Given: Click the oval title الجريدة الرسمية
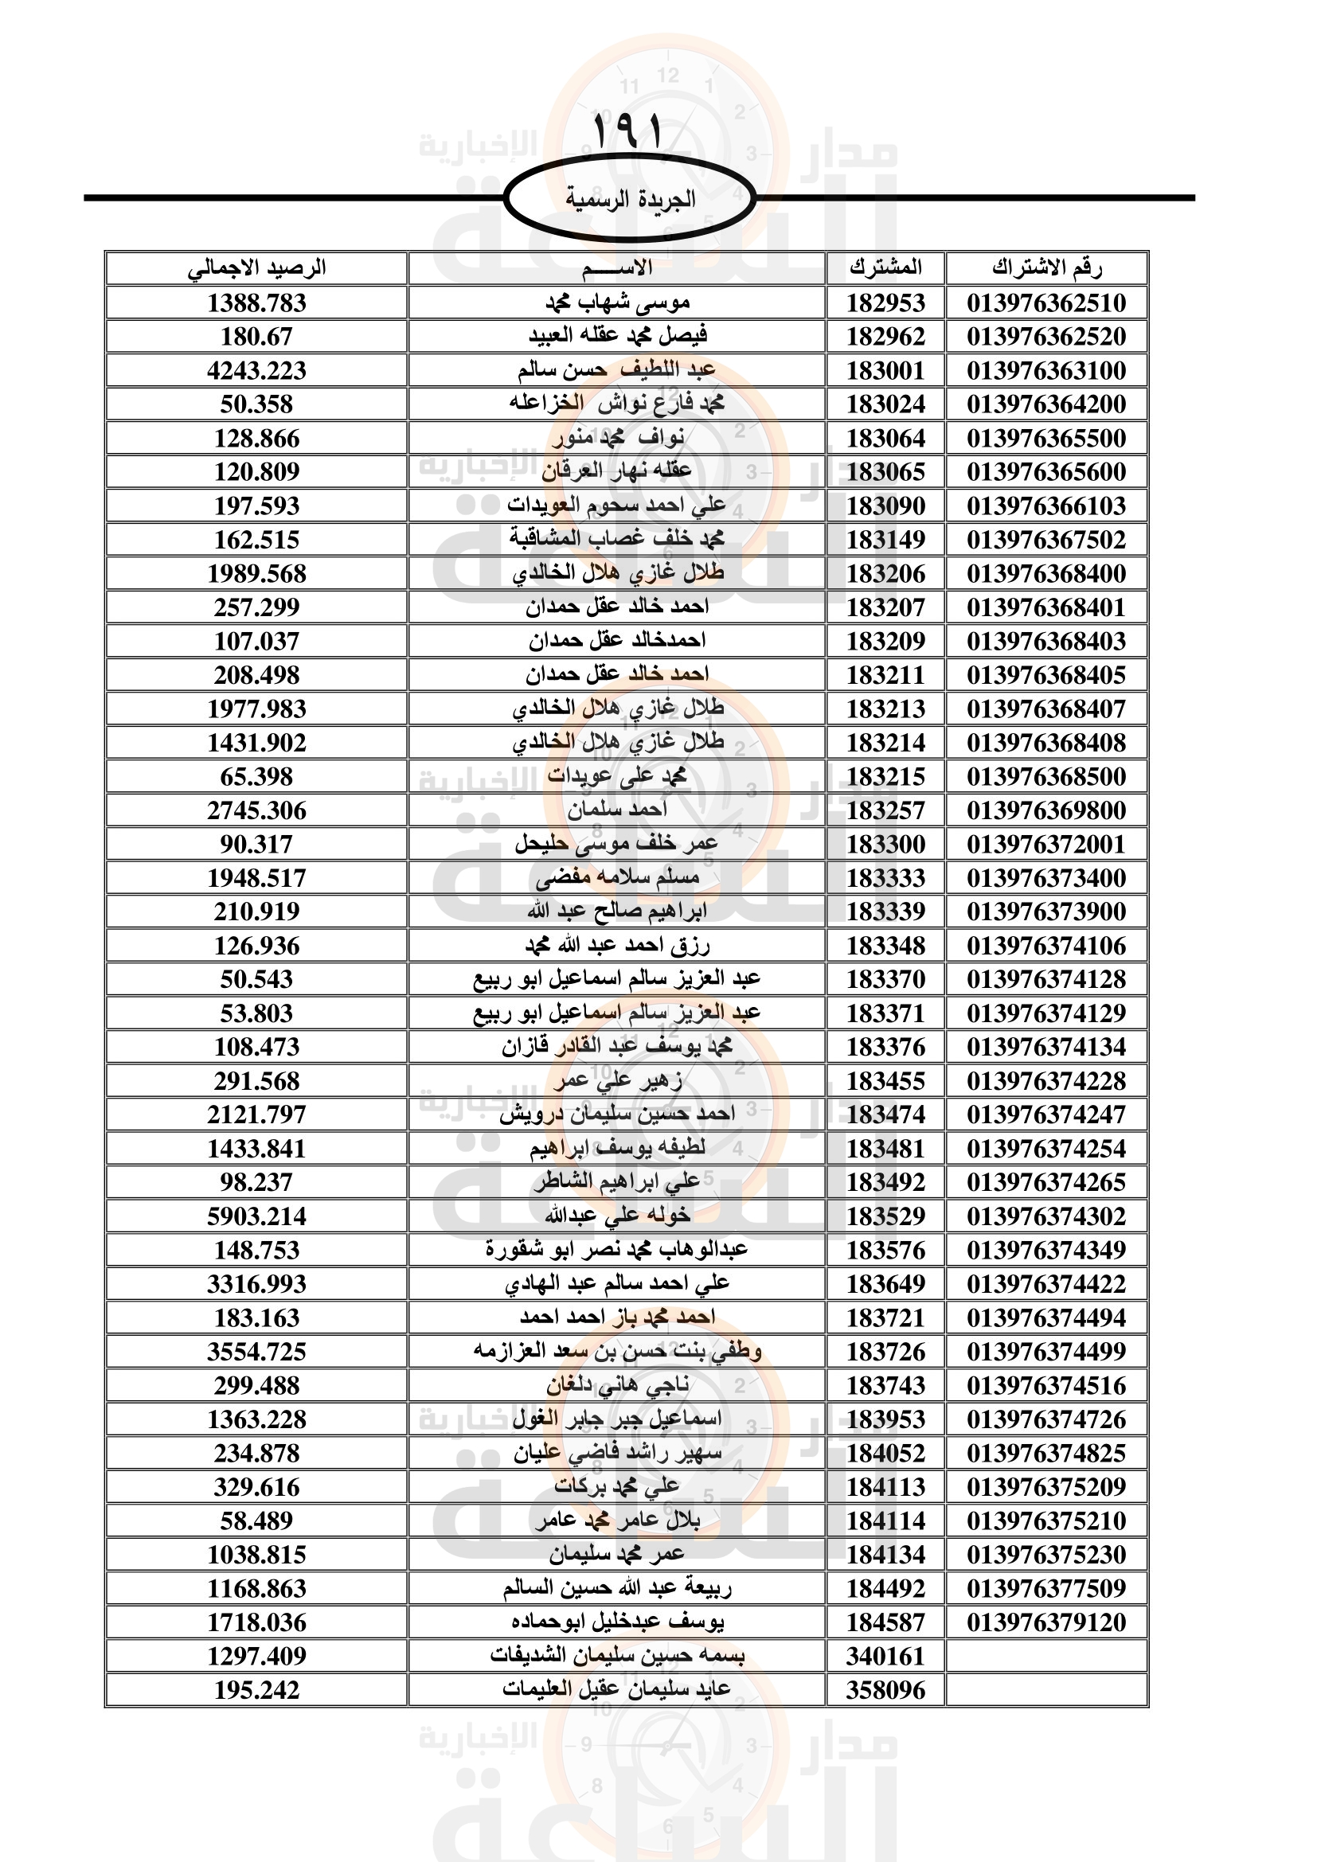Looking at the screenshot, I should (x=629, y=199).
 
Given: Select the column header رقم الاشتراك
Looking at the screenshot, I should (x=1046, y=267).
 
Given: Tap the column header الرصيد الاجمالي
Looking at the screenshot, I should (x=256, y=267).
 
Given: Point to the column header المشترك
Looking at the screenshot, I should (x=885, y=267).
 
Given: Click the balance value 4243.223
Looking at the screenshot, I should (x=256, y=371).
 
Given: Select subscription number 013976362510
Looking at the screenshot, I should (x=1046, y=303).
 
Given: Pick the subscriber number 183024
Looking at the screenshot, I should (x=885, y=404).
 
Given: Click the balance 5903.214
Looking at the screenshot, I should (x=256, y=1216).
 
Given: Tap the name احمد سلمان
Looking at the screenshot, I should (x=616, y=810).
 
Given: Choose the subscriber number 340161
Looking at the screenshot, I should (x=885, y=1656).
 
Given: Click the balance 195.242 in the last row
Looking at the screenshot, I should (x=256, y=1690).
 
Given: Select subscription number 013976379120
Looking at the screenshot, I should (x=1046, y=1622).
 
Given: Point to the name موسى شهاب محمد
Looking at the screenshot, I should (x=616, y=303).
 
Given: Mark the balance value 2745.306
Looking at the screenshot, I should (x=256, y=810).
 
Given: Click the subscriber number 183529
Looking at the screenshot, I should (x=885, y=1216).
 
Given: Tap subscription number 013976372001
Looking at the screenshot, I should (x=1046, y=844).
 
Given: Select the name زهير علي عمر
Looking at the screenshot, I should (x=616, y=1081).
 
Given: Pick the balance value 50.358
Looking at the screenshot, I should (x=256, y=404).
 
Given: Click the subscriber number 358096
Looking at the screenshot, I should (x=885, y=1690).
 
